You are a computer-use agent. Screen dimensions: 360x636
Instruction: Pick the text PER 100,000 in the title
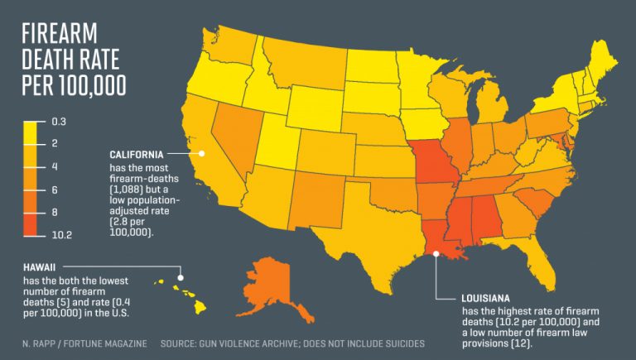pos(74,85)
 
